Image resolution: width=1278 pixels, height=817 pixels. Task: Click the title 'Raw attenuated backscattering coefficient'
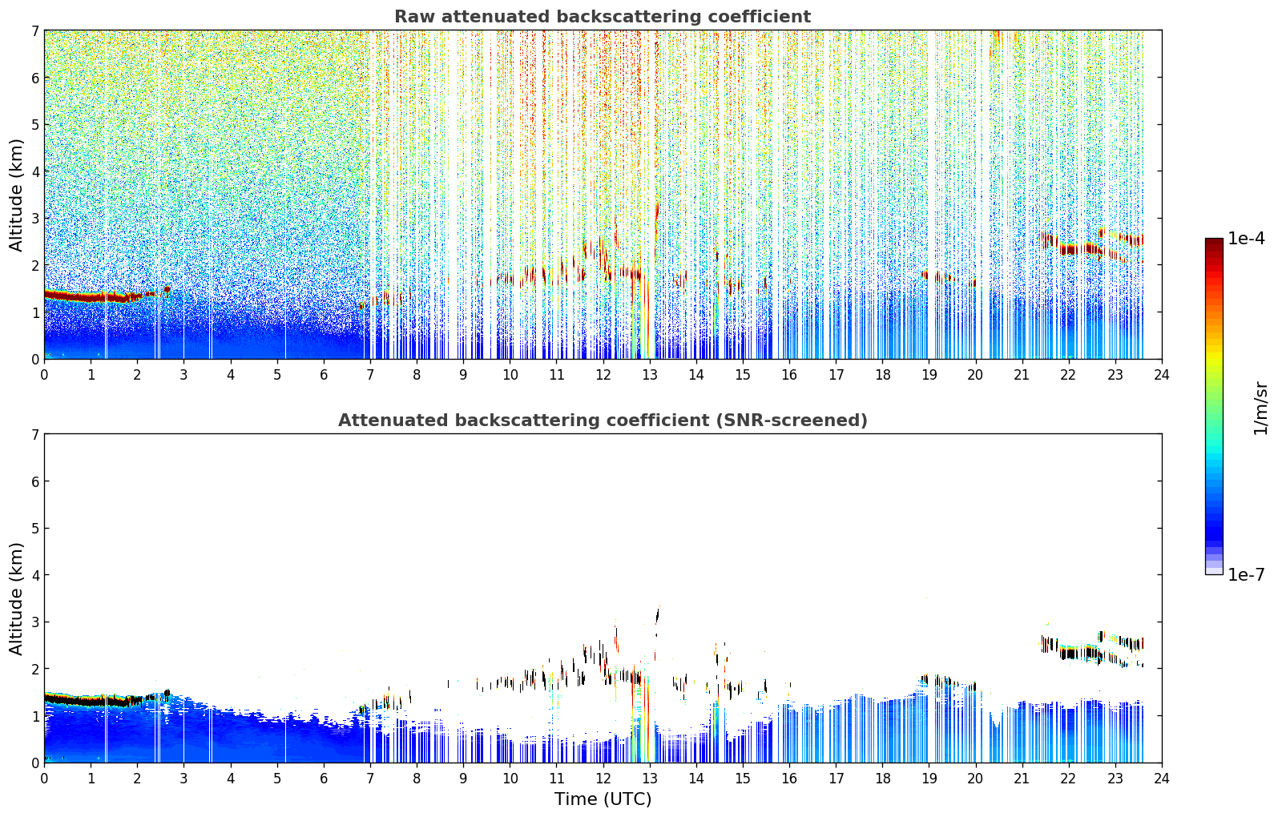pyautogui.click(x=603, y=17)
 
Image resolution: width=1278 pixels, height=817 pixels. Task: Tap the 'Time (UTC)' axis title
pyautogui.click(x=603, y=799)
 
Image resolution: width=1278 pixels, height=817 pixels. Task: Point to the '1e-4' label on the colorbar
pyautogui.click(x=1246, y=239)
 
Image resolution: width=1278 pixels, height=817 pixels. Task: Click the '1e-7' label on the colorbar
pyautogui.click(x=1246, y=575)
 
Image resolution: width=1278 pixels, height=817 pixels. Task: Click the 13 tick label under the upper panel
pyautogui.click(x=649, y=375)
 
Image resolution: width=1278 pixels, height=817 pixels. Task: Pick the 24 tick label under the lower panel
pyautogui.click(x=1162, y=779)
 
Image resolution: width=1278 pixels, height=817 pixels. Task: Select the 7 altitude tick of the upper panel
pyautogui.click(x=35, y=30)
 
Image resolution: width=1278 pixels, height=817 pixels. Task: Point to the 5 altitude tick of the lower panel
pyautogui.click(x=35, y=529)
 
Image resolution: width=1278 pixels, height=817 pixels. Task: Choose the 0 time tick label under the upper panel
pyautogui.click(x=45, y=375)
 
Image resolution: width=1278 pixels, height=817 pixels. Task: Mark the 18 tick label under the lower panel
pyautogui.click(x=883, y=779)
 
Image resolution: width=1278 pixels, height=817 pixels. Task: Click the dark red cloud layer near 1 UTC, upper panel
pyautogui.click(x=91, y=296)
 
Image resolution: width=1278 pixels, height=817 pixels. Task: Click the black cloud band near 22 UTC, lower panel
pyautogui.click(x=1078, y=651)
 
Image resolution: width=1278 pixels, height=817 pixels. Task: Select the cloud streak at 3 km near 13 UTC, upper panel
pyautogui.click(x=657, y=212)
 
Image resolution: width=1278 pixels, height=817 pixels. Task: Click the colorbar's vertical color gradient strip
pyautogui.click(x=1214, y=406)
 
